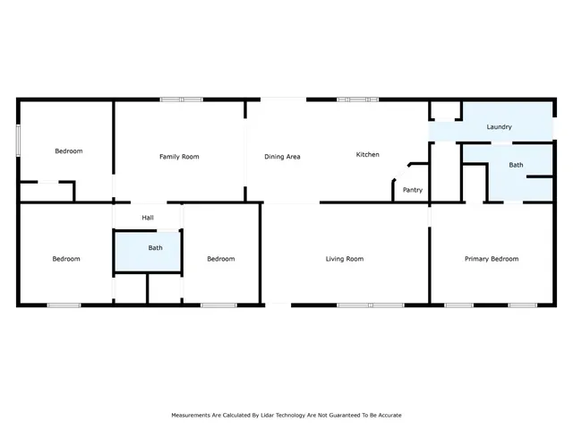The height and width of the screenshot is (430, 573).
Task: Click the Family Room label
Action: tap(179, 157)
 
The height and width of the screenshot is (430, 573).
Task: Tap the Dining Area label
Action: tap(282, 157)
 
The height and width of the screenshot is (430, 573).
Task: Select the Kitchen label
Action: tap(368, 155)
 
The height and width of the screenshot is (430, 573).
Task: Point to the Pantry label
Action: tap(413, 190)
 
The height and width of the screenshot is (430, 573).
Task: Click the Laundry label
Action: tap(499, 127)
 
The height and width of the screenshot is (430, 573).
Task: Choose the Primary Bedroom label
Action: tap(492, 259)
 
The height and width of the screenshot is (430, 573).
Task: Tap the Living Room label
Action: tap(344, 259)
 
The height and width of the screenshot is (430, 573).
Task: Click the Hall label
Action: tap(148, 218)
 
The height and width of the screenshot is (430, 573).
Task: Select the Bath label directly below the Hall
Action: tap(155, 248)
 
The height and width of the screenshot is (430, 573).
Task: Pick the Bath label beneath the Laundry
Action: tap(517, 165)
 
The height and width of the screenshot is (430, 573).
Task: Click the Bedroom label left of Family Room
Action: tap(69, 151)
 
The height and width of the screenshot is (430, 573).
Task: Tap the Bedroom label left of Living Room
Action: tap(220, 259)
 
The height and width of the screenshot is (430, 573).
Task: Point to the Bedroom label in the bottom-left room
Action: tap(66, 259)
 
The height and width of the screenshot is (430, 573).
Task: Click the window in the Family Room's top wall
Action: tap(181, 99)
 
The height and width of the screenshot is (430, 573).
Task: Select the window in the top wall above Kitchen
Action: tap(356, 99)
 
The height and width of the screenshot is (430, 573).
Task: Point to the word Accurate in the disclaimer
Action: tap(387, 416)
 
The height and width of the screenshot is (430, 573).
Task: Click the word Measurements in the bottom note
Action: tap(193, 416)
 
